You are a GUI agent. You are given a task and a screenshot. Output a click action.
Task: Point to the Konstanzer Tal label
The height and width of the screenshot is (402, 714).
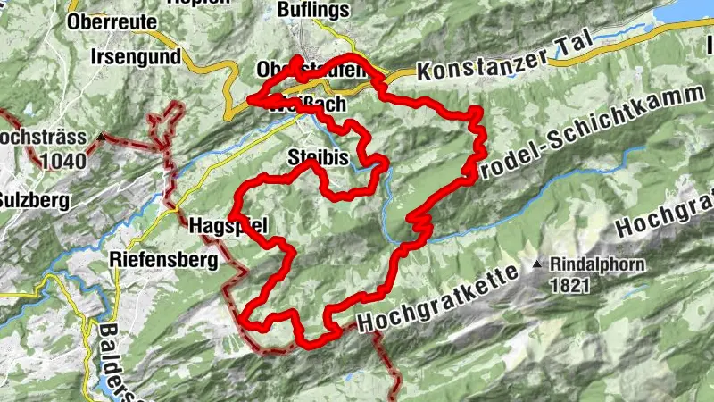click(x=496, y=65)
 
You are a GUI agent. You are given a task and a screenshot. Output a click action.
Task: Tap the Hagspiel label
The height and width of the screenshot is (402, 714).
click(x=228, y=226)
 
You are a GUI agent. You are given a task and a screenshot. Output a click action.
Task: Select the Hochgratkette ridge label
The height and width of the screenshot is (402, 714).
click(x=439, y=303)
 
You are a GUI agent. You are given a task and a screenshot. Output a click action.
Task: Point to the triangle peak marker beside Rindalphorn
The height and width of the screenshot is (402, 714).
click(x=538, y=264)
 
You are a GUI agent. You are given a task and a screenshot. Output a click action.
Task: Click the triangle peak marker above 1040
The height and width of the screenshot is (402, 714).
click(x=104, y=138)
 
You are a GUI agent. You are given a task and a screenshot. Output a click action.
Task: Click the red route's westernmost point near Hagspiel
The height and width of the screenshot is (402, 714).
click(x=232, y=216)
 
